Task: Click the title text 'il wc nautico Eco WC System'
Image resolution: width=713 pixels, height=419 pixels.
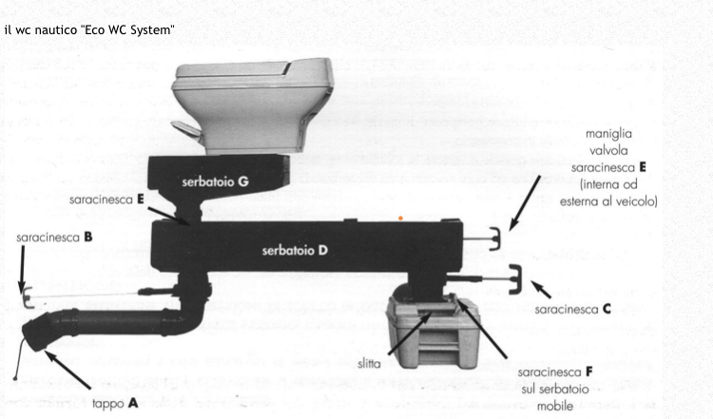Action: click(x=89, y=30)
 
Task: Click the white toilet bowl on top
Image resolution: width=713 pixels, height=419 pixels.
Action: click(x=253, y=105)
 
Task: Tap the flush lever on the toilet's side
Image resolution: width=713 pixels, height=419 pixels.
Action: click(x=187, y=128)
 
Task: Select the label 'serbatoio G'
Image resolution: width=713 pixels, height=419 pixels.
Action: click(x=215, y=181)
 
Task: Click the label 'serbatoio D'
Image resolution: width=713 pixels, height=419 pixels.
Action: click(x=295, y=250)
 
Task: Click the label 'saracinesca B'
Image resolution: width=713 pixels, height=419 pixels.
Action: click(x=54, y=238)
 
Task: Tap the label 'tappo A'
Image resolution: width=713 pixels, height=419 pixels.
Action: click(x=115, y=403)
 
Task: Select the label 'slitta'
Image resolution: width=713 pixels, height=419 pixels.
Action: click(x=369, y=364)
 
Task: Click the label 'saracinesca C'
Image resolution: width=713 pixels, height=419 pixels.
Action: click(x=572, y=310)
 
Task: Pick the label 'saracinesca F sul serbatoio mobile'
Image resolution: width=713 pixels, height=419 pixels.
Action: click(x=555, y=389)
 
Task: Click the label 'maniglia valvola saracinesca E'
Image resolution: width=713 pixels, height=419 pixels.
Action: click(x=608, y=167)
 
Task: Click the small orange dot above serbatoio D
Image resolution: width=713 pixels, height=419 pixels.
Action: click(x=400, y=219)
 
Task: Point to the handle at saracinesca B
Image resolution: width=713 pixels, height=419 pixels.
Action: click(x=27, y=296)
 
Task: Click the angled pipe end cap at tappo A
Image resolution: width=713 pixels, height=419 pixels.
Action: click(x=37, y=333)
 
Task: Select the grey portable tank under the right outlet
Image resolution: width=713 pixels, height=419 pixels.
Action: click(x=433, y=331)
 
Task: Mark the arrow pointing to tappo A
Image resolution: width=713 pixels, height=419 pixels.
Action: click(x=67, y=370)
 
